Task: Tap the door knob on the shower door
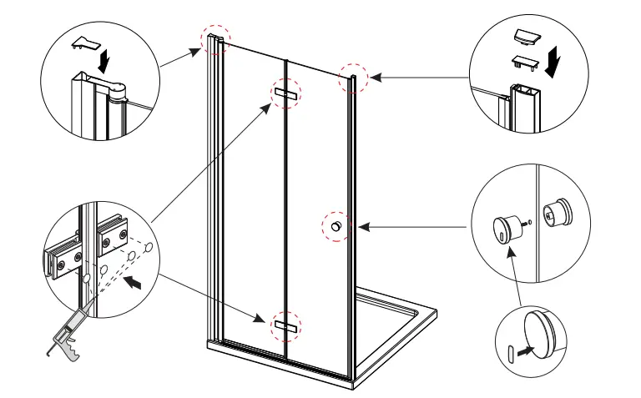[x=336, y=226]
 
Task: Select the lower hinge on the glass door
[x=285, y=324]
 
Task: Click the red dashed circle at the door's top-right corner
[x=351, y=79]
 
